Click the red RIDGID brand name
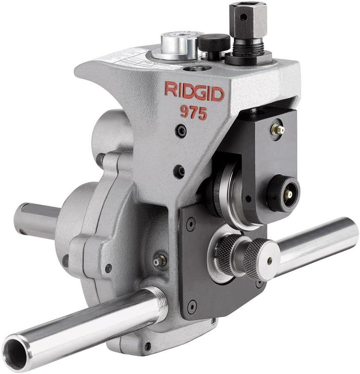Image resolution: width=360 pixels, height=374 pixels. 194,91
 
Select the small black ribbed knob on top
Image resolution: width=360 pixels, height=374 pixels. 214,45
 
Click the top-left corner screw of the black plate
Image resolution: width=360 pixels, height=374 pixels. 191,224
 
